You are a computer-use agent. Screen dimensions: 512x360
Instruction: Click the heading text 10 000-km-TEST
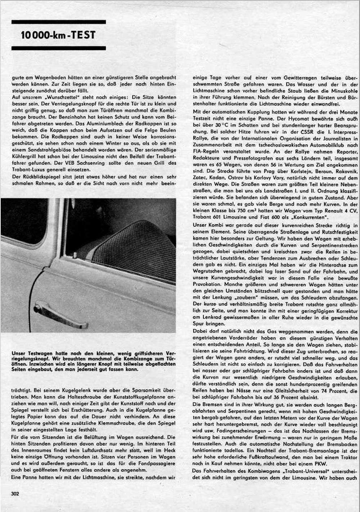pyautogui.click(x=58, y=35)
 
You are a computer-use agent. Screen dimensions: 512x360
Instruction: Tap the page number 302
pyautogui.click(x=15, y=494)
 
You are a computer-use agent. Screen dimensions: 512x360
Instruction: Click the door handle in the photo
pyautogui.click(x=59, y=315)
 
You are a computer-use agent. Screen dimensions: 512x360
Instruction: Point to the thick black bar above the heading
pyautogui.click(x=59, y=22)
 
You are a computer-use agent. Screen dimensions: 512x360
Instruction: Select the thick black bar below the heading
pyautogui.click(x=59, y=48)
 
